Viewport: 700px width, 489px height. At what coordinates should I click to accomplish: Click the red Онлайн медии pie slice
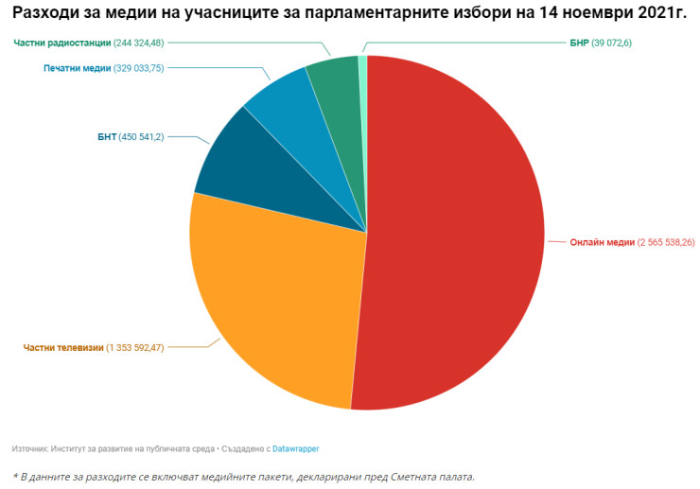tap(454, 236)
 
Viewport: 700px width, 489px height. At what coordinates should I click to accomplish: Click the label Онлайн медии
tap(602, 242)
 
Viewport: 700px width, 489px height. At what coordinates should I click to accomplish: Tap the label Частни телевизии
tap(62, 348)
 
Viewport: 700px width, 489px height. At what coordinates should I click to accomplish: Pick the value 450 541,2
tap(141, 136)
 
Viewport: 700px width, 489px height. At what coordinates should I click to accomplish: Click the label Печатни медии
tap(78, 68)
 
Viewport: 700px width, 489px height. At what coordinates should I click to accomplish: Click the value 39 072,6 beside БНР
tap(618, 43)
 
